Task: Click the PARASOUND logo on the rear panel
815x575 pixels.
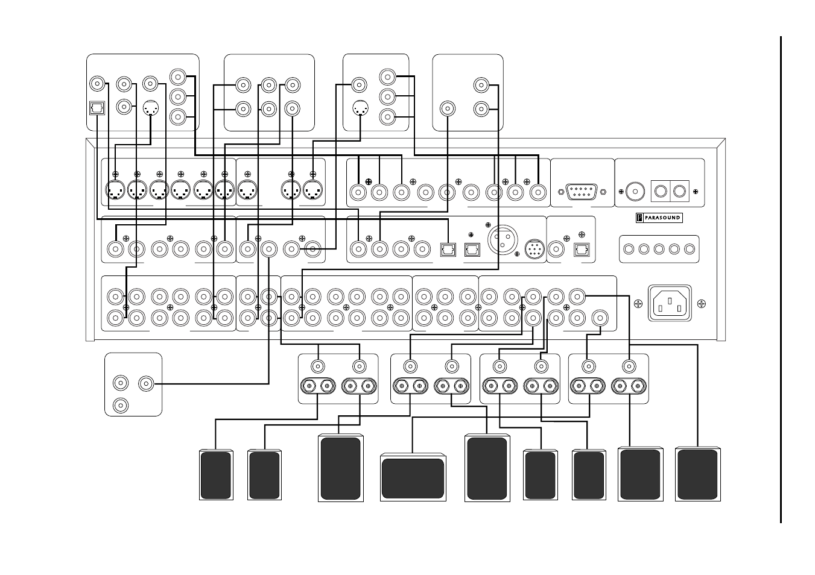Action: point(659,218)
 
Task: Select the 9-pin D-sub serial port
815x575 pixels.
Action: point(582,192)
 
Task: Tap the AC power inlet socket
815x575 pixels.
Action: point(670,303)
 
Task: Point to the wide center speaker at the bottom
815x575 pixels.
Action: point(413,477)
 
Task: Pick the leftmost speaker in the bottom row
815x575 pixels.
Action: point(216,475)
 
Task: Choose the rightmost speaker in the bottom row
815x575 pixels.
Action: point(697,474)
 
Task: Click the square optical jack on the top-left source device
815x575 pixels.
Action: point(97,108)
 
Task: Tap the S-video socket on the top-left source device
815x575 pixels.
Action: point(151,108)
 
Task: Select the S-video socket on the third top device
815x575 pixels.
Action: point(360,108)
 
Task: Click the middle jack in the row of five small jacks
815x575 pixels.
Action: point(659,249)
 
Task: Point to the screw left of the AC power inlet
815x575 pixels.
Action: point(638,304)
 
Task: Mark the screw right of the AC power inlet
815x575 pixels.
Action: point(701,304)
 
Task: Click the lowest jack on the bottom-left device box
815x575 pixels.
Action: point(121,406)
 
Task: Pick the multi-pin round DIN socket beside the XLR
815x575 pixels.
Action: point(534,249)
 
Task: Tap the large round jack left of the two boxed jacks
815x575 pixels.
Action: point(635,191)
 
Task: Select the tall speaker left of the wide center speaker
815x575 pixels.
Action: point(341,468)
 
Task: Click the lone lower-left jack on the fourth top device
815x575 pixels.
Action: point(448,108)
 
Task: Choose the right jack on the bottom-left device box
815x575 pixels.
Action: point(146,383)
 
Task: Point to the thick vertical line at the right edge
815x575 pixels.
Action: point(781,280)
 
